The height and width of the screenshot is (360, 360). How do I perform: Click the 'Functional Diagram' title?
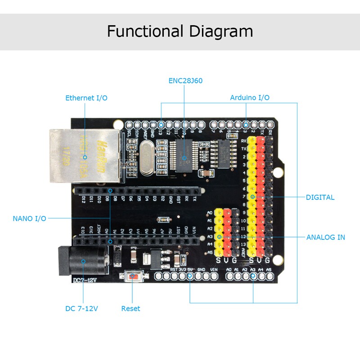tap(180, 31)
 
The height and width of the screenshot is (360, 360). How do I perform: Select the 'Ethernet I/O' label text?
tap(86, 98)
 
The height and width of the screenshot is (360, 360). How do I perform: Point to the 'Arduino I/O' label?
tap(250, 97)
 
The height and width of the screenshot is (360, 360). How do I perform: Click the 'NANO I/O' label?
tap(29, 218)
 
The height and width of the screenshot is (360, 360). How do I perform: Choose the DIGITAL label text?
tap(320, 197)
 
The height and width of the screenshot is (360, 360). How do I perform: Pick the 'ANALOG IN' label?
tap(326, 237)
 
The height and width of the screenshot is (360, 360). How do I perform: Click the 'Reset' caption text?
tap(130, 309)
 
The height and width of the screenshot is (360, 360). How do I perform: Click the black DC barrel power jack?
tap(83, 261)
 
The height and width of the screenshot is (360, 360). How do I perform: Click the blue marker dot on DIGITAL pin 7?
tap(252, 197)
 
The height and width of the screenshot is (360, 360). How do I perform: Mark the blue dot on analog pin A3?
tap(219, 236)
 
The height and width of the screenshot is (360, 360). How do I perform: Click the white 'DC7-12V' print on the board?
tap(85, 281)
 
